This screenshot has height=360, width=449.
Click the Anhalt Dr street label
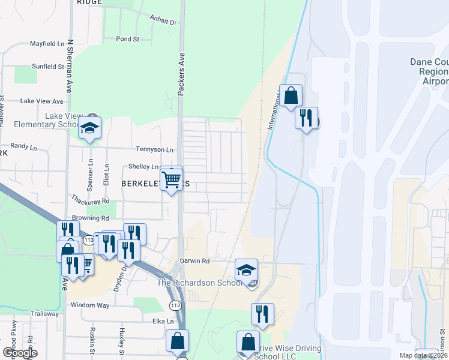click(x=163, y=22)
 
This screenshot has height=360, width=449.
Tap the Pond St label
click(x=127, y=39)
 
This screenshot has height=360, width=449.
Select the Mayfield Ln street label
click(x=47, y=44)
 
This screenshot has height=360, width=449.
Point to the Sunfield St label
click(x=47, y=67)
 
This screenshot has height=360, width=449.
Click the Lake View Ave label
click(x=41, y=101)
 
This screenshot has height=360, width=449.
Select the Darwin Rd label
click(x=194, y=261)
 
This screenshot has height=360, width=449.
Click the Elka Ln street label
click(x=162, y=321)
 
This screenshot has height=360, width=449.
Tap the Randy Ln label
click(x=19, y=146)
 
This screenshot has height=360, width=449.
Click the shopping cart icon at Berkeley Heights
click(x=172, y=178)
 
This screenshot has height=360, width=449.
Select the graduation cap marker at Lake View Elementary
click(x=89, y=128)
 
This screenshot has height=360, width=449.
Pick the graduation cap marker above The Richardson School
click(x=246, y=269)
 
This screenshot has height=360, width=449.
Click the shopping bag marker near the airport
click(x=291, y=95)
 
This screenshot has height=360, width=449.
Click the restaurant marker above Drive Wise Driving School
click(x=262, y=314)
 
